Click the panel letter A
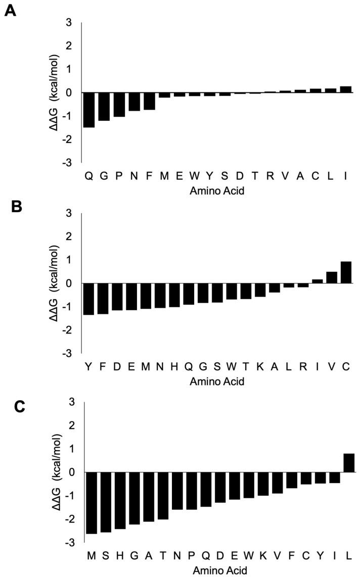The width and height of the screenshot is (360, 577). [x=11, y=11]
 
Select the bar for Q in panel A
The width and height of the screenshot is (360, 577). [x=89, y=110]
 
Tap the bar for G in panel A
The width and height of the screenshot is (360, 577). [x=104, y=107]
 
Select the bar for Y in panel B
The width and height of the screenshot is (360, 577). [x=89, y=299]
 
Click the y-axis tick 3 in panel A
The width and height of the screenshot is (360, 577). [x=68, y=23]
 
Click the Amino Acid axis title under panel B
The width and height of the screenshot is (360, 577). [x=217, y=381]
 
